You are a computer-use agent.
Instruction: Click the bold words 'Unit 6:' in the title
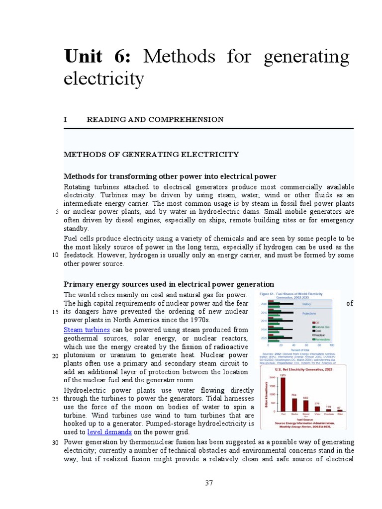pyautogui.click(x=97, y=58)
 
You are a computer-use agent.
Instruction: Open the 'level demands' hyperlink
pyautogui.click(x=109, y=432)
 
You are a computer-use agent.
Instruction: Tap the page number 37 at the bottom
pyautogui.click(x=209, y=483)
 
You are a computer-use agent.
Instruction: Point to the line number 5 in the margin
pyautogui.click(x=57, y=212)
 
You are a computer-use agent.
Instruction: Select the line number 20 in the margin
pyautogui.click(x=55, y=356)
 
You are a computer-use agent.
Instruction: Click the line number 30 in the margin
pyautogui.click(x=55, y=443)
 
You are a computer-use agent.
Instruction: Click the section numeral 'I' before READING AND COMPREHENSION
pyautogui.click(x=65, y=120)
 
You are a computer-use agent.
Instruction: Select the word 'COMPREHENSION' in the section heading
pyautogui.click(x=194, y=120)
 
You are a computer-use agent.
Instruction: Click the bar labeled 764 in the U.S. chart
pyautogui.click(x=294, y=405)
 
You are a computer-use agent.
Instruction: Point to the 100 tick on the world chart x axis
pyautogui.click(x=332, y=344)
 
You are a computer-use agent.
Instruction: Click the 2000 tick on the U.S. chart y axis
pyautogui.click(x=272, y=378)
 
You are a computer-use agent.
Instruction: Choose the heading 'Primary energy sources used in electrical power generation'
pyautogui.click(x=169, y=284)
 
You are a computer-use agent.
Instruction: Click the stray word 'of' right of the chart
pyautogui.click(x=349, y=303)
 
